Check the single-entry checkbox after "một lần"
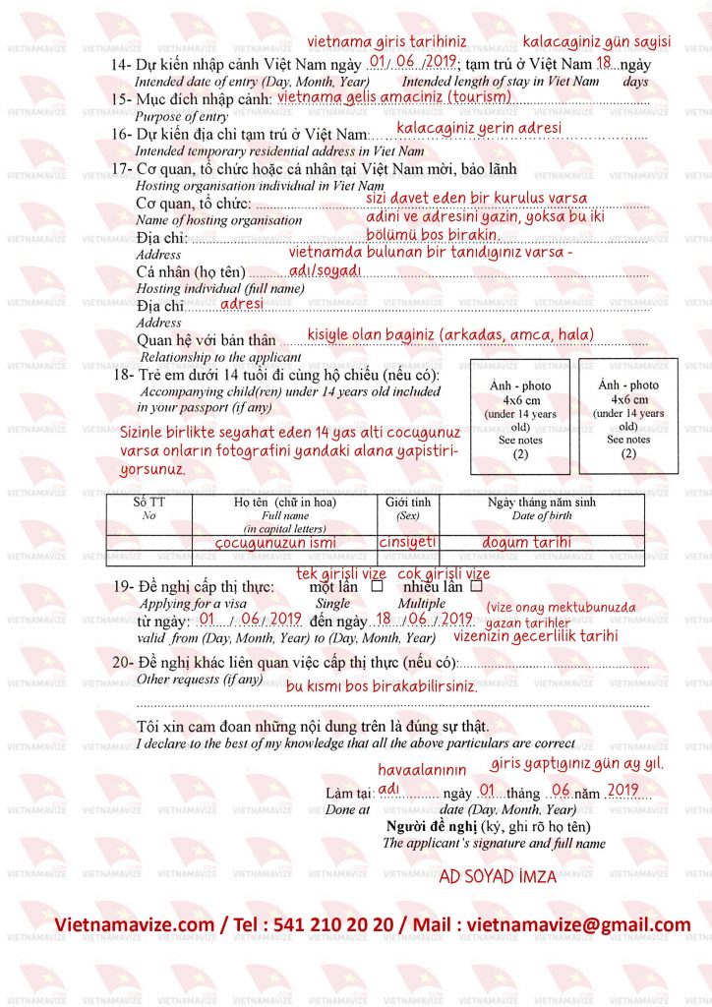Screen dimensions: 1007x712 click(x=377, y=586)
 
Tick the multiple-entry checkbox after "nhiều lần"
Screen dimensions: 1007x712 click(x=476, y=586)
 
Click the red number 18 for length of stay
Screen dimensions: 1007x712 click(x=604, y=62)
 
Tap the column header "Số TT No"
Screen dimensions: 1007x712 click(x=148, y=507)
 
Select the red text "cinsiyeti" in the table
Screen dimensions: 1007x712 click(x=407, y=542)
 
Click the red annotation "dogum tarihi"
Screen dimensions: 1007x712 click(x=526, y=542)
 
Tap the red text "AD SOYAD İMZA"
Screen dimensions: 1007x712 click(x=498, y=876)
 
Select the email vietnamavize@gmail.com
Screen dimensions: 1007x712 click(x=579, y=925)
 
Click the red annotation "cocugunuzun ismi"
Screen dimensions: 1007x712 click(x=274, y=542)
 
